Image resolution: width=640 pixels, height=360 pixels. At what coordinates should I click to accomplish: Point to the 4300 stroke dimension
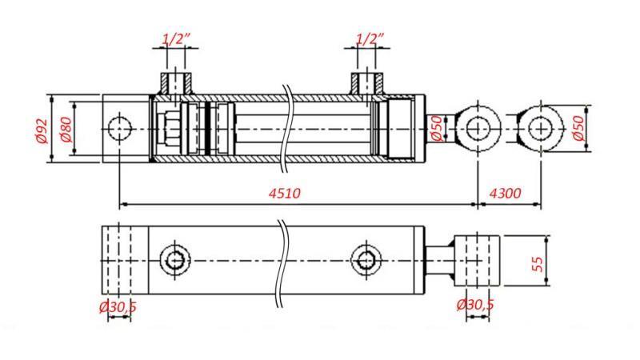[x=505, y=194]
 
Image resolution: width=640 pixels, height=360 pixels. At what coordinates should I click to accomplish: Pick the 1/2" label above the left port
[x=176, y=38]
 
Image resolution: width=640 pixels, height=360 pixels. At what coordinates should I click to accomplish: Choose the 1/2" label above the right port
[x=369, y=38]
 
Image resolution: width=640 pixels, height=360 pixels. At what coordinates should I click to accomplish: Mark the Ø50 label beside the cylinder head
[x=436, y=129]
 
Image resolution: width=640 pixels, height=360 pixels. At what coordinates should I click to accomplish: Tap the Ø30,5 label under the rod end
[x=475, y=305]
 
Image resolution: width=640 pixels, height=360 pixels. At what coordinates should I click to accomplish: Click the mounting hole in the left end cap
[x=120, y=128]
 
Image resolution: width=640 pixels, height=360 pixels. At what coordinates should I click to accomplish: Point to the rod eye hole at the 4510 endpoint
[x=478, y=128]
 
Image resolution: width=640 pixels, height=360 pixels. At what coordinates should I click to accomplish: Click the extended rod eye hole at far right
[x=540, y=128]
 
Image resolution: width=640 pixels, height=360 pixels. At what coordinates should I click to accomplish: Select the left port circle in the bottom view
[x=174, y=260]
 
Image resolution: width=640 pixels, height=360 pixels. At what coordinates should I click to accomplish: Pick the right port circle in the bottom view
[x=366, y=260]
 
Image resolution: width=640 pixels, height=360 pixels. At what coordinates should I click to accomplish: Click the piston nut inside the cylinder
[x=170, y=129]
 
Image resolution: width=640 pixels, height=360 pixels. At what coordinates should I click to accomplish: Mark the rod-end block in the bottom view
[x=477, y=260]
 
